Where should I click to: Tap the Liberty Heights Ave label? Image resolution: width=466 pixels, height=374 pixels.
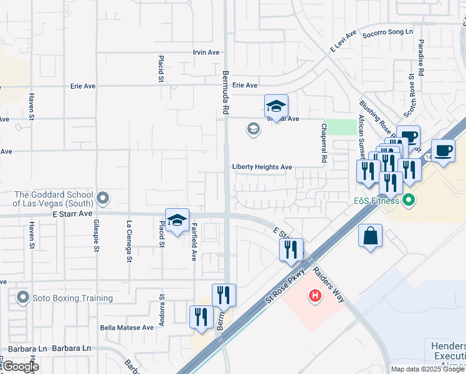click(262, 167)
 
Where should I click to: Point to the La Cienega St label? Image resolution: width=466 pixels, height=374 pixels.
click(129, 241)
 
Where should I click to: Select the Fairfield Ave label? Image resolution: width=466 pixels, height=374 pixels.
click(194, 242)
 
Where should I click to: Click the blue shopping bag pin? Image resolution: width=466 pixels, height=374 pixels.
click(370, 236)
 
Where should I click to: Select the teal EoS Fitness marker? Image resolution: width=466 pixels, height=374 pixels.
click(409, 201)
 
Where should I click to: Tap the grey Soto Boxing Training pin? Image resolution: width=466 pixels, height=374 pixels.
click(24, 297)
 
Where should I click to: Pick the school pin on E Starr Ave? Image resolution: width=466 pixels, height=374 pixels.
click(177, 220)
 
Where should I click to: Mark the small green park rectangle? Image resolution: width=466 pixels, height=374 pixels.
click(340, 127)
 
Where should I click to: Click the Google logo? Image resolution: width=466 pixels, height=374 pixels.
click(21, 367)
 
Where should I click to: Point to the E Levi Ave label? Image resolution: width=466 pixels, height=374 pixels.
click(343, 42)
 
